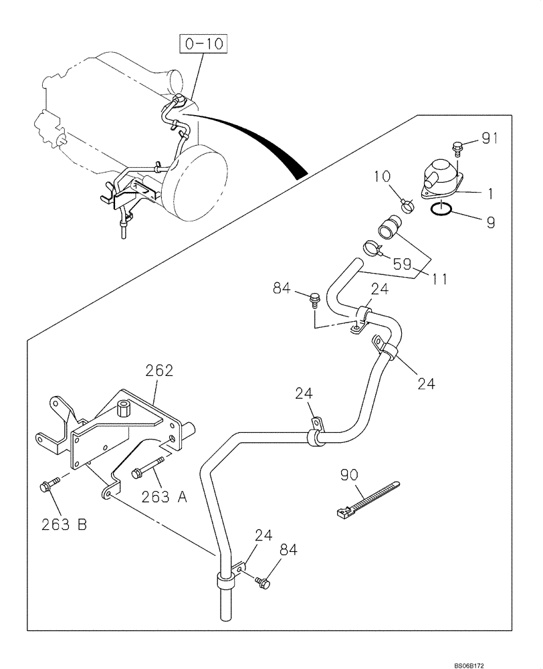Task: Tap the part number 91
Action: point(490,140)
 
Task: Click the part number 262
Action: point(160,370)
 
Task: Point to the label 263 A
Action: point(165,496)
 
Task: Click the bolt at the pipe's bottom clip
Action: point(263,582)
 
